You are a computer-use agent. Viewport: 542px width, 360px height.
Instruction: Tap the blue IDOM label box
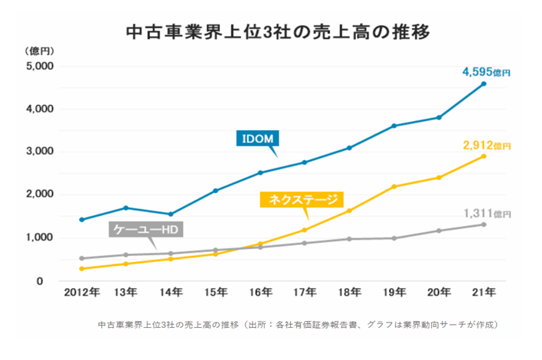(258, 138)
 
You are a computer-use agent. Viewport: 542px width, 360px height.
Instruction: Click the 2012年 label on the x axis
(81, 292)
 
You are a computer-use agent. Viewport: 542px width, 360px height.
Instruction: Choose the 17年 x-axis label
(305, 292)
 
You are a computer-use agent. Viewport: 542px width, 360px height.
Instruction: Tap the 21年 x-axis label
(484, 292)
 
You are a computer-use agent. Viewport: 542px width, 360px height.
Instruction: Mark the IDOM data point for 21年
(484, 83)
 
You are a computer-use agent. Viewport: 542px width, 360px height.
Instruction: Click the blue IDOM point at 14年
(170, 214)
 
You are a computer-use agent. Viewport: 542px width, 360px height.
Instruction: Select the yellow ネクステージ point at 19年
(394, 187)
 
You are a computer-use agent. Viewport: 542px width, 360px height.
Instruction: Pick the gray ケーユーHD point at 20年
(439, 231)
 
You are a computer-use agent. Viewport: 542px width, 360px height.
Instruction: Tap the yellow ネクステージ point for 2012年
(81, 269)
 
